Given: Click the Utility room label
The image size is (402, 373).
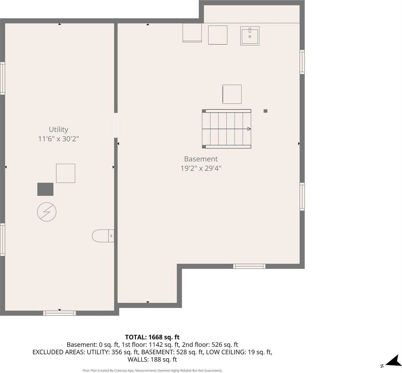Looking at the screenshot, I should pyautogui.click(x=58, y=129).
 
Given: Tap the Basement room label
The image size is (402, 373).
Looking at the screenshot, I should pyautogui.click(x=201, y=159).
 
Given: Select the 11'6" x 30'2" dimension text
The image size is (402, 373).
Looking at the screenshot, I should pyautogui.click(x=58, y=139).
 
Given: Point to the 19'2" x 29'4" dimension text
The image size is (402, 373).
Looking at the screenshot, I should pyautogui.click(x=201, y=168).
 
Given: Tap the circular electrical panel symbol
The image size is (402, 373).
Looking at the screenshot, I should pyautogui.click(x=47, y=212).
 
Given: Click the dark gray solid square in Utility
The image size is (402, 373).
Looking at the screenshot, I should pyautogui.click(x=45, y=189).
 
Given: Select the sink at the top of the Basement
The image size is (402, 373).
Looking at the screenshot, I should pyautogui.click(x=250, y=36).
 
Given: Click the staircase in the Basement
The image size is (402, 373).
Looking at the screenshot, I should pyautogui.click(x=227, y=129).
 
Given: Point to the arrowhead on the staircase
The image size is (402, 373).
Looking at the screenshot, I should pyautogui.click(x=249, y=129).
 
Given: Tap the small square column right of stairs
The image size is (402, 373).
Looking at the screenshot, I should pyautogui.click(x=266, y=111).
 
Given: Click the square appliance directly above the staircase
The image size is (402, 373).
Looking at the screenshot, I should pyautogui.click(x=232, y=94).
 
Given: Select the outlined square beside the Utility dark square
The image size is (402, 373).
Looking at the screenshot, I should pyautogui.click(x=66, y=173).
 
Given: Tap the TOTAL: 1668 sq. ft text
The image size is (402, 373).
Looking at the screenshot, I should pyautogui.click(x=152, y=337).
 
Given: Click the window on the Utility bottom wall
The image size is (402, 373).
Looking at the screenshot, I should pyautogui.click(x=59, y=313).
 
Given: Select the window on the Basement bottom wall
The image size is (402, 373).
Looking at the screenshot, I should pyautogui.click(x=249, y=266).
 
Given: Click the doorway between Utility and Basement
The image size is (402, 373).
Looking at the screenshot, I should pyautogui.click(x=116, y=125).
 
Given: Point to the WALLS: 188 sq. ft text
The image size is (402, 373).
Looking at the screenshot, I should pyautogui.click(x=152, y=360).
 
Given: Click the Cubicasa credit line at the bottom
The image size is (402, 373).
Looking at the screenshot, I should pyautogui.click(x=152, y=371).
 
